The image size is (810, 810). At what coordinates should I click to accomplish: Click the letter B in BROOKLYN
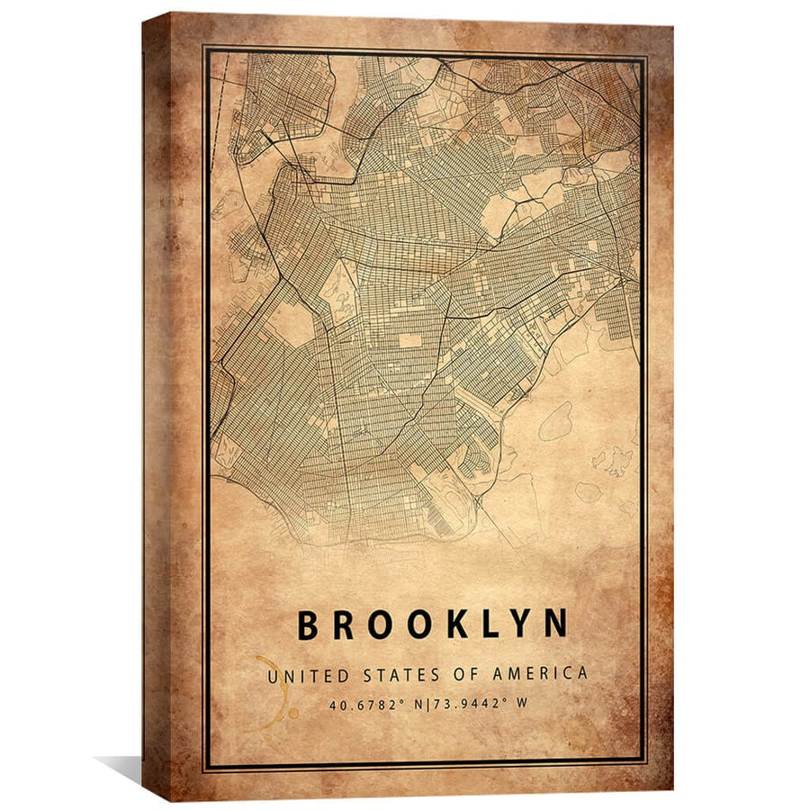[308, 625]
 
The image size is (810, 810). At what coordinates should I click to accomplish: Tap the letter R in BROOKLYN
[344, 625]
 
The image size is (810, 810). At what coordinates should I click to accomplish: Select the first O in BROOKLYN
[382, 625]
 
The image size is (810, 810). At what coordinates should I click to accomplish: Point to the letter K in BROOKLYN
[458, 625]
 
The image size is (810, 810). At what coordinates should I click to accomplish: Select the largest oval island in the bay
[555, 421]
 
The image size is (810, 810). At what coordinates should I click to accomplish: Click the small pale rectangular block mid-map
[409, 340]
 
